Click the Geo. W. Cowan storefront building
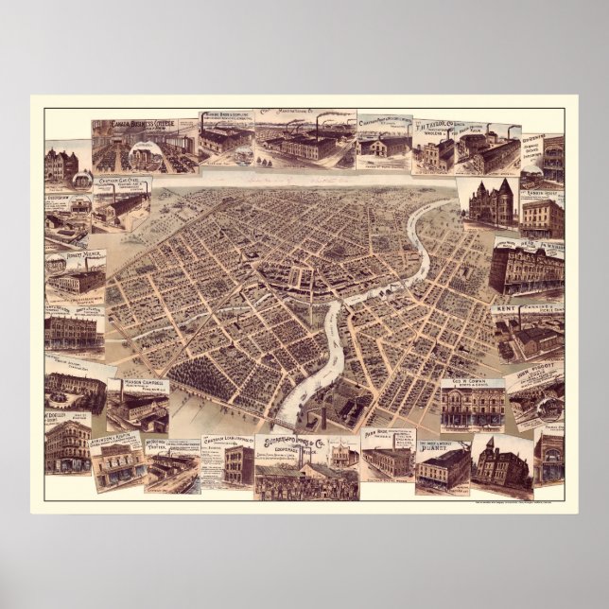coord(470,409)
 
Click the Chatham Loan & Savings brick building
coord(233,464)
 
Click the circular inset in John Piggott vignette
coord(547,408)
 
